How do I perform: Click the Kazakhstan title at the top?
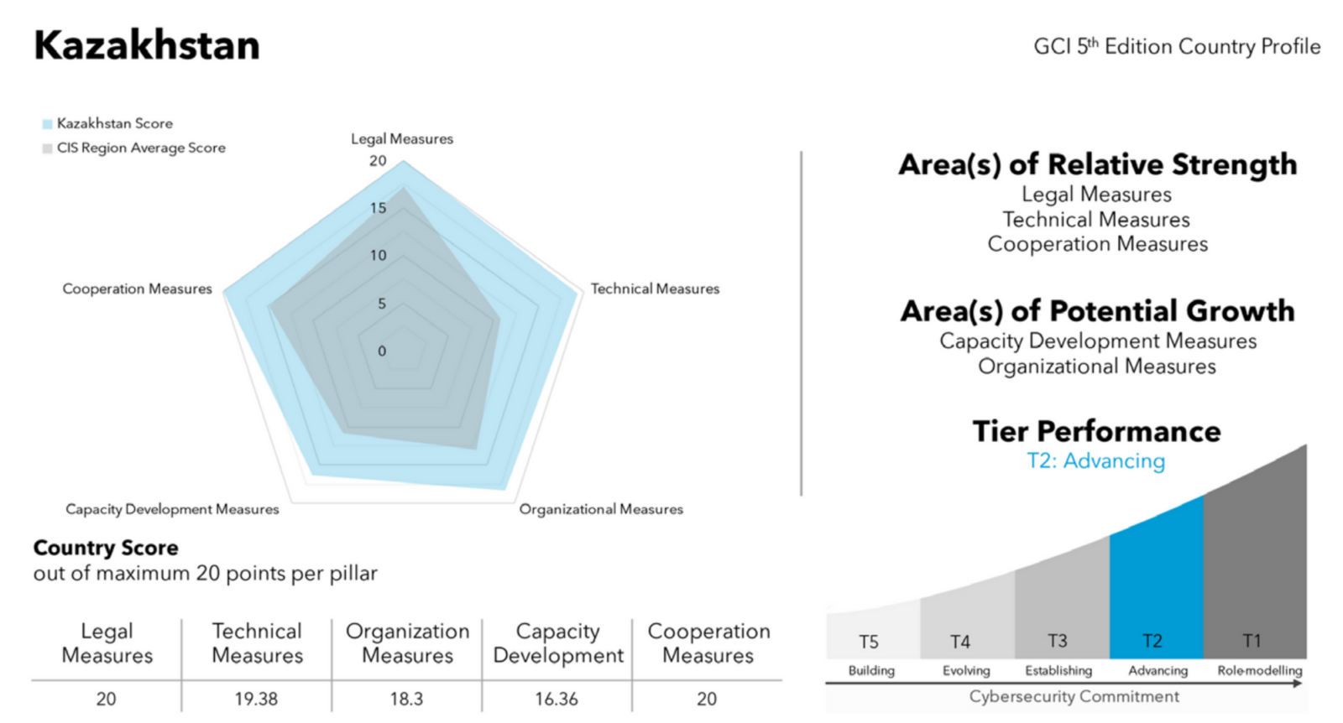147,45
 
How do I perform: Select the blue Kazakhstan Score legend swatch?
47,124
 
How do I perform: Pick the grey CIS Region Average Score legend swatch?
47,148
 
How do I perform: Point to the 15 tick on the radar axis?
379,208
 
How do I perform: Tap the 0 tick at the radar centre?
382,351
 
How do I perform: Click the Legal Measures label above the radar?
402,139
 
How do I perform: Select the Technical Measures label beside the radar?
656,289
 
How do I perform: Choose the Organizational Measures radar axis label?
601,509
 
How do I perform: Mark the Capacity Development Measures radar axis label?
172,509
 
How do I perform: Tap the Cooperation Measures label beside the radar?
138,289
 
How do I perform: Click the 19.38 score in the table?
256,699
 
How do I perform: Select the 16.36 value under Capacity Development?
557,699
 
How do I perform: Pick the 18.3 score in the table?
406,699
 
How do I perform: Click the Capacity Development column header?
558,643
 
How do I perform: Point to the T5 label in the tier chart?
869,642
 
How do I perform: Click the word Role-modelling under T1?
1260,670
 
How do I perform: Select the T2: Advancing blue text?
1096,460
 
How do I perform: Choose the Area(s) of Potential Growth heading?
1097,311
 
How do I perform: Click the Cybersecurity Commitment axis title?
1074,697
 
